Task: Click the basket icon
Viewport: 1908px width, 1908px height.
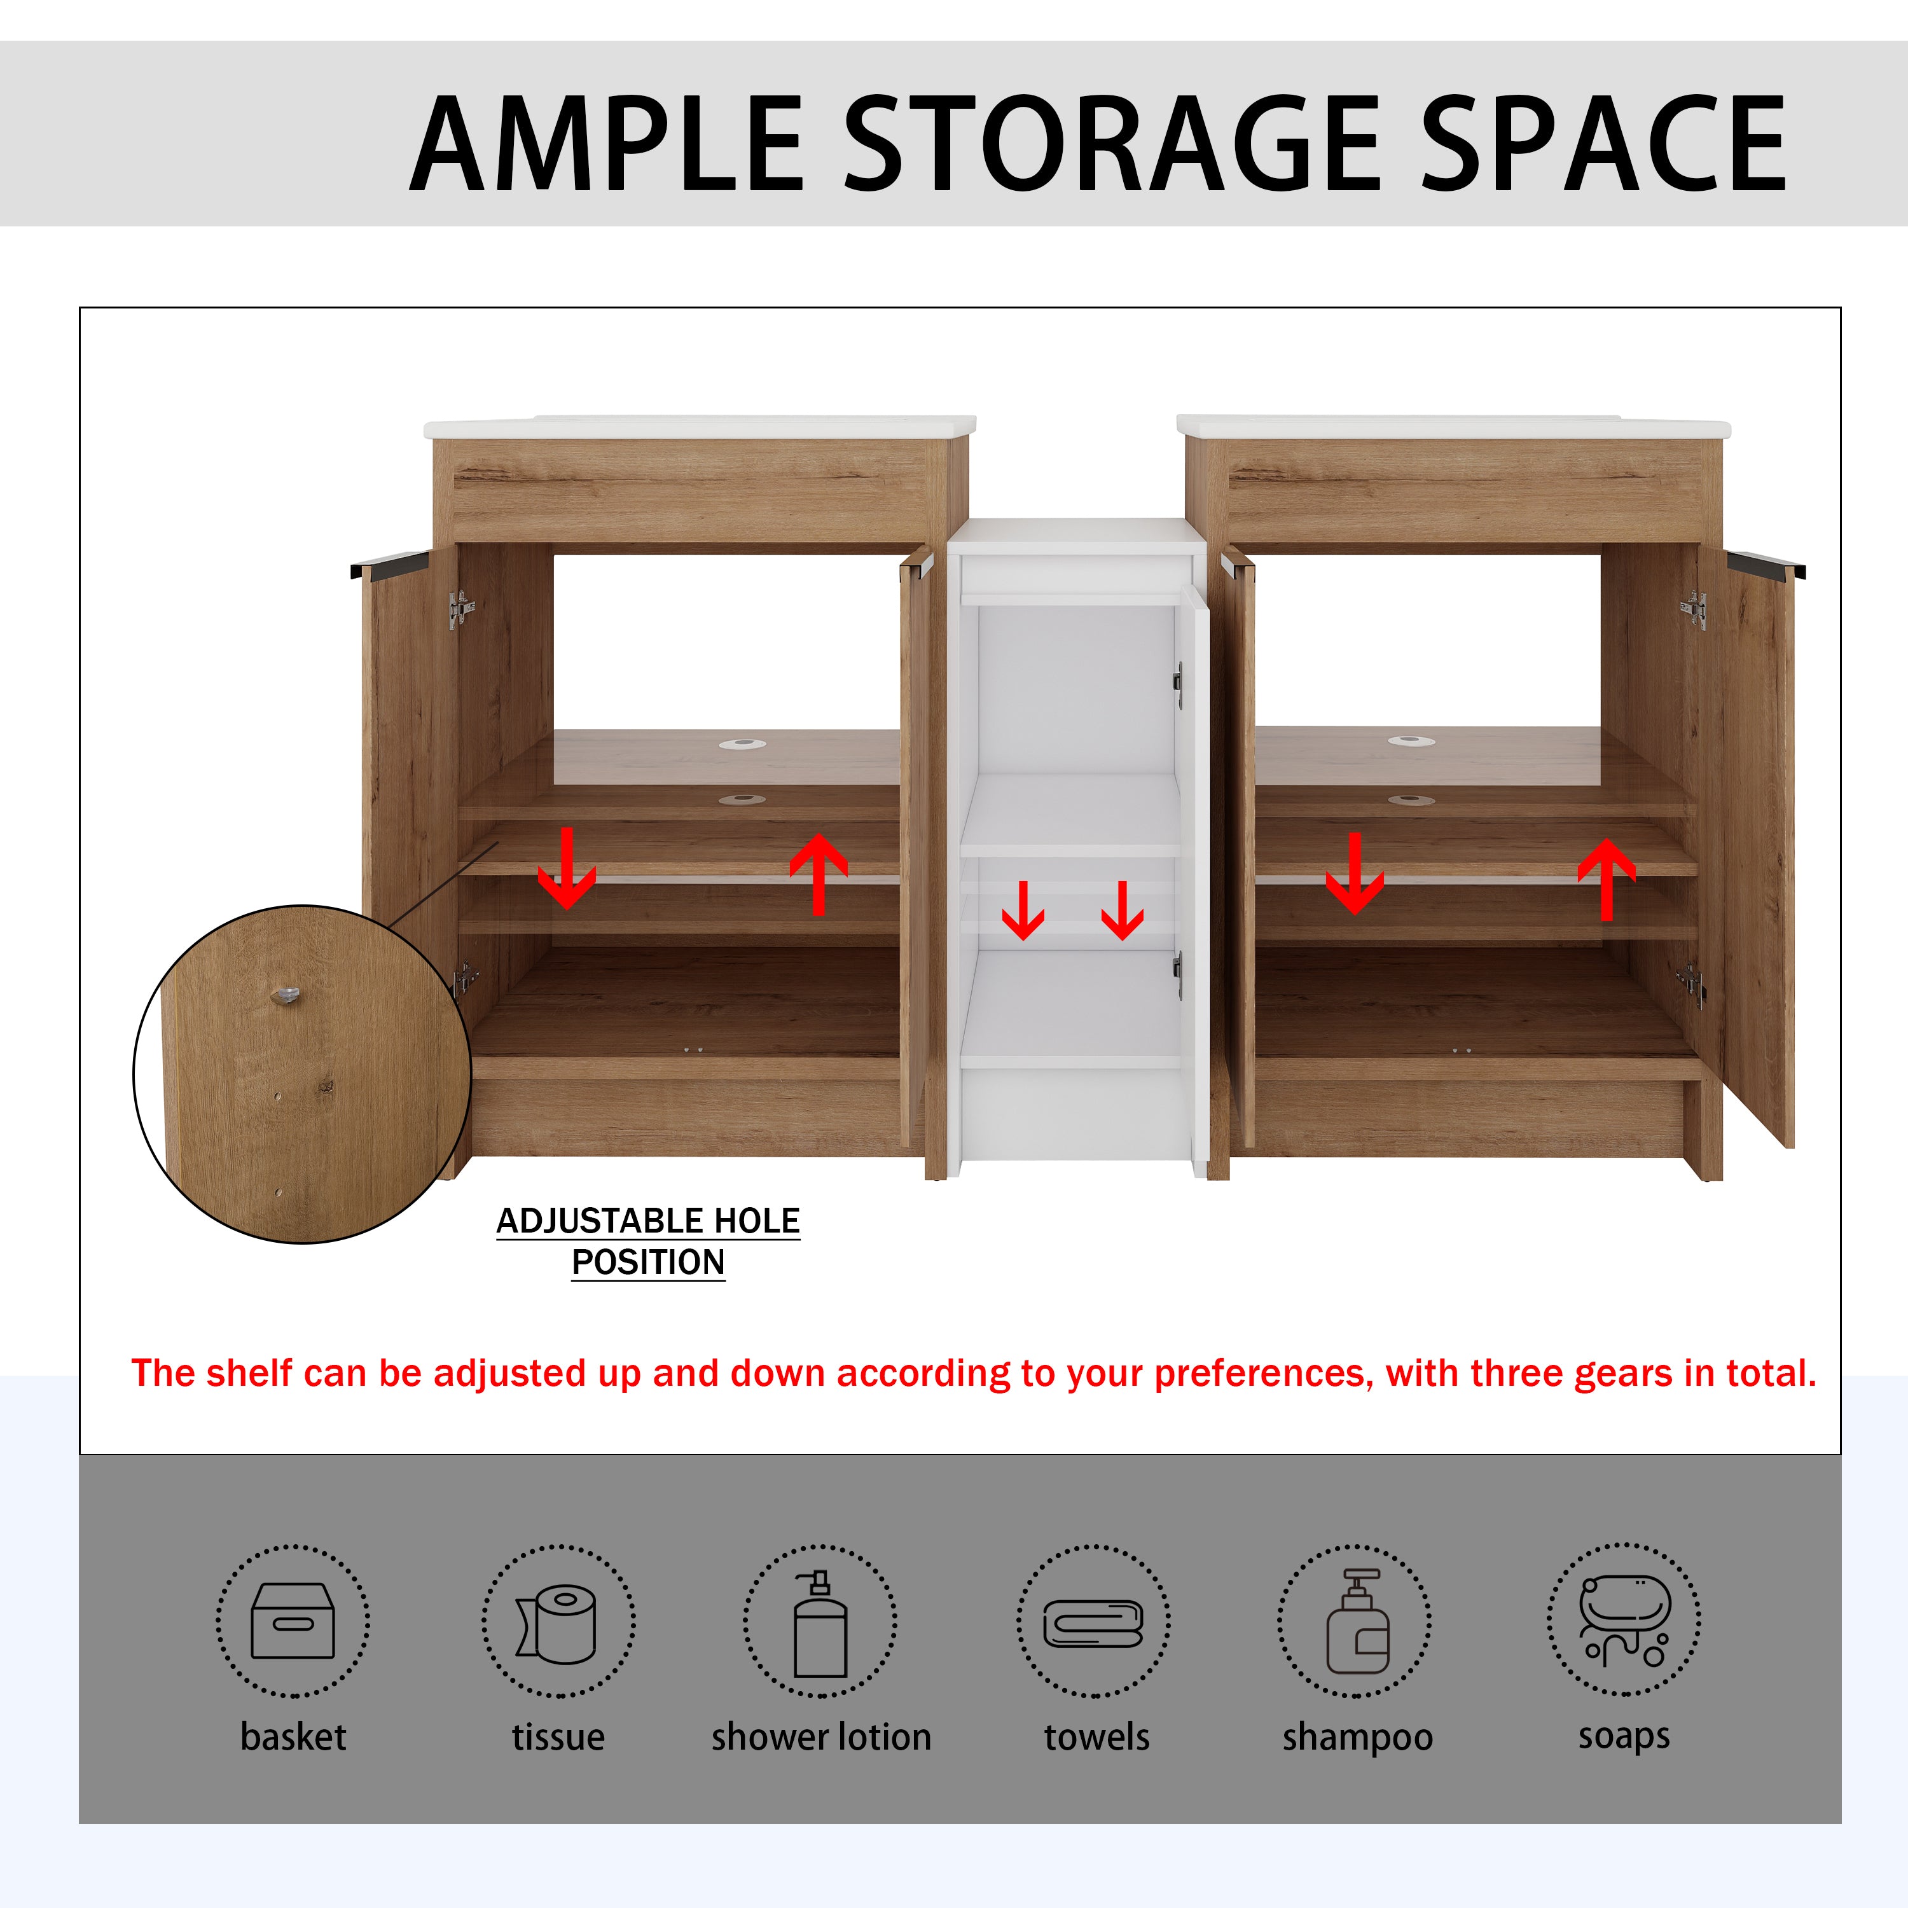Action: (x=293, y=1621)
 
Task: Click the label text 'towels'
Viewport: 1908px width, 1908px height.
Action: (x=1097, y=1737)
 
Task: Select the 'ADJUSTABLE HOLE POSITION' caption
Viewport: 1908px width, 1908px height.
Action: (x=648, y=1241)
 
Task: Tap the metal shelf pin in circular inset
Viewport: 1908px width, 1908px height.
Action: (x=286, y=995)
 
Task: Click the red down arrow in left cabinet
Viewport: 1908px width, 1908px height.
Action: (x=567, y=868)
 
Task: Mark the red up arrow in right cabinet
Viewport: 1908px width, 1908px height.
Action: (x=1607, y=879)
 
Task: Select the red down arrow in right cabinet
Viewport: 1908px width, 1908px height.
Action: (x=1355, y=873)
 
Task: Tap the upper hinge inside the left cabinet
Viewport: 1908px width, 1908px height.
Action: (x=461, y=609)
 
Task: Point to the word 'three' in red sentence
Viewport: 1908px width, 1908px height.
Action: (x=1517, y=1374)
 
